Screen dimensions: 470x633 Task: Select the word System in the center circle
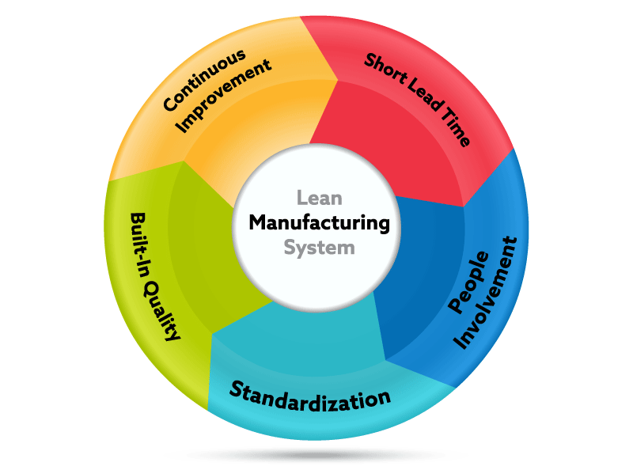pyautogui.click(x=319, y=247)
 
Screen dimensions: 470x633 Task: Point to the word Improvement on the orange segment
pyautogui.click(x=223, y=97)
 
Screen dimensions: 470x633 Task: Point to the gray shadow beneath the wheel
pyautogui.click(x=316, y=455)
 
